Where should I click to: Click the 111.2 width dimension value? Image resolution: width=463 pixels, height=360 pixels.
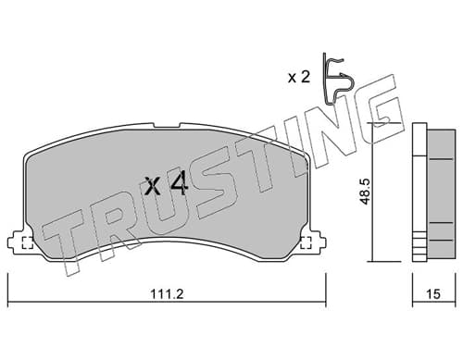[x=167, y=294]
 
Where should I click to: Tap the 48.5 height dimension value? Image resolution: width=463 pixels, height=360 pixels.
[x=366, y=192]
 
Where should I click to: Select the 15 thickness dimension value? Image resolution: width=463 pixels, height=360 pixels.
[x=433, y=294]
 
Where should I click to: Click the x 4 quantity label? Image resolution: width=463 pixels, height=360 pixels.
[x=167, y=185]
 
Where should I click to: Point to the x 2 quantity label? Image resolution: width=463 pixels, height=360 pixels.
[x=299, y=77]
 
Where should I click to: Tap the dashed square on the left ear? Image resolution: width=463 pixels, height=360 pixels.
[x=28, y=242]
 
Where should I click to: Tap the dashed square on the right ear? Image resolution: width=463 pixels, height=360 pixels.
[x=306, y=242]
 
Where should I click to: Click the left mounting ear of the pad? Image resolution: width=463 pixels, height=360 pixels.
[x=17, y=243]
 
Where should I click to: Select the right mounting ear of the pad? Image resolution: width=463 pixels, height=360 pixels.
[x=317, y=243]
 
